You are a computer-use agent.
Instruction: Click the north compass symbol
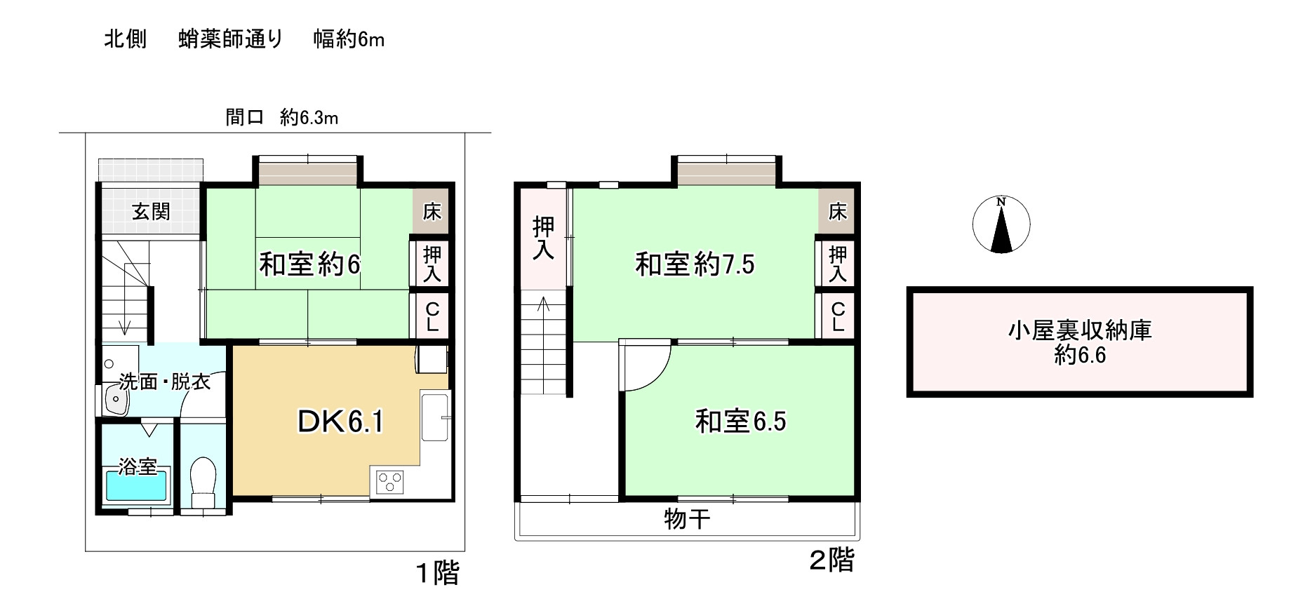coord(1001,224)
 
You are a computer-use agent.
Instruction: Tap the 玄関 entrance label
coord(151,211)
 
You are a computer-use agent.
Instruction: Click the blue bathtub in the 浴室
coord(138,485)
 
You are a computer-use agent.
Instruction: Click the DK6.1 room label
coord(340,422)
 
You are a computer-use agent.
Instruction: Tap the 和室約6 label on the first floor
coord(309,264)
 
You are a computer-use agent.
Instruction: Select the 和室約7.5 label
coord(695,264)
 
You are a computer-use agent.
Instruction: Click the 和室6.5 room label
coord(740,422)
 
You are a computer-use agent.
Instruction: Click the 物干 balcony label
coord(687,519)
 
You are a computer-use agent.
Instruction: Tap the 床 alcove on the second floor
coord(837,211)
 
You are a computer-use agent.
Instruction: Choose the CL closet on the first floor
coord(432,316)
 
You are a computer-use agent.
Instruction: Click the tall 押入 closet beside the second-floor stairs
coord(543,238)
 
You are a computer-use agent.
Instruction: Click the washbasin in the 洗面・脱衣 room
coord(114,399)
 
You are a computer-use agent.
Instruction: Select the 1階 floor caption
coord(438,573)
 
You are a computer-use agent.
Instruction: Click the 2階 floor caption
coord(832,560)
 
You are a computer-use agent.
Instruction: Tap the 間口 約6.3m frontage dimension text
coord(281,117)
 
